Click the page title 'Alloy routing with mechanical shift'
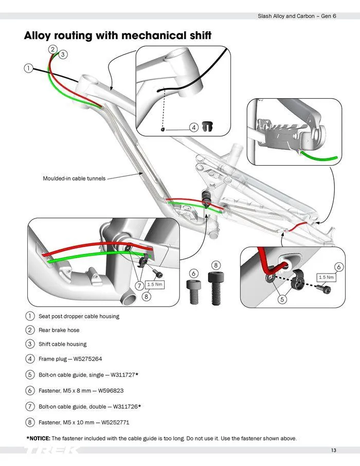[118, 35]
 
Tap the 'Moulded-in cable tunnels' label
[74, 178]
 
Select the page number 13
[334, 451]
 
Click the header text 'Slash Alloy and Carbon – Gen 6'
[297, 16]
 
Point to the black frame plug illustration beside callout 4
[207, 126]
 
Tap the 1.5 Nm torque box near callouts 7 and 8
[155, 284]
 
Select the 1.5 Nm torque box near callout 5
[326, 277]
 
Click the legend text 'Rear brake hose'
[59, 330]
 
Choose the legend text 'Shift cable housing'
[63, 344]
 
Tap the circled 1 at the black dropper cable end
[28, 68]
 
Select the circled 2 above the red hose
[53, 49]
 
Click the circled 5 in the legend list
[30, 375]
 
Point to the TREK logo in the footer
[51, 451]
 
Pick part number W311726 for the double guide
[121, 406]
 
